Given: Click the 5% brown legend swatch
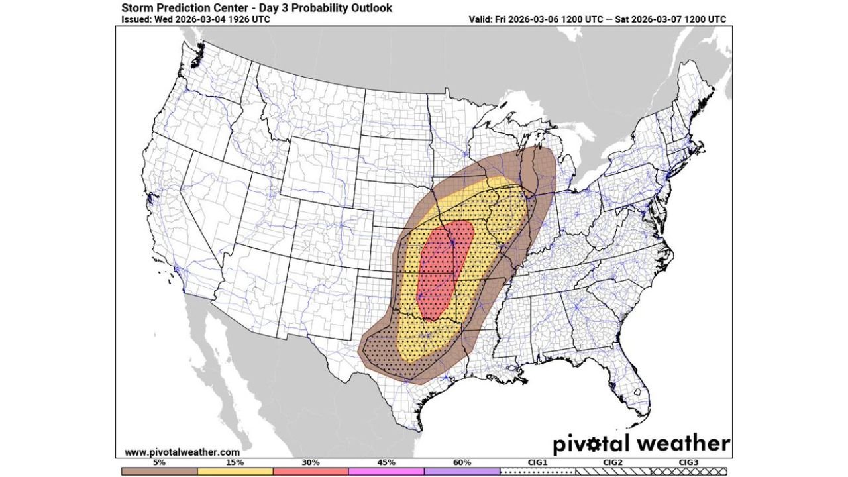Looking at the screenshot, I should pyautogui.click(x=159, y=470).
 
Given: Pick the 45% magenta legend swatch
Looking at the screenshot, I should pyautogui.click(x=386, y=470).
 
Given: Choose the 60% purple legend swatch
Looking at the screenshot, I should pyautogui.click(x=462, y=470).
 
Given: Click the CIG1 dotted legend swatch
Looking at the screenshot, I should pyautogui.click(x=538, y=470).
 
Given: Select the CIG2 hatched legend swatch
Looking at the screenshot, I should pyautogui.click(x=613, y=470).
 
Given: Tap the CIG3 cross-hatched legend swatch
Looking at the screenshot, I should pyautogui.click(x=689, y=470).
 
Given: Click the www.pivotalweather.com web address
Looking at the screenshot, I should pyautogui.click(x=182, y=452).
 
